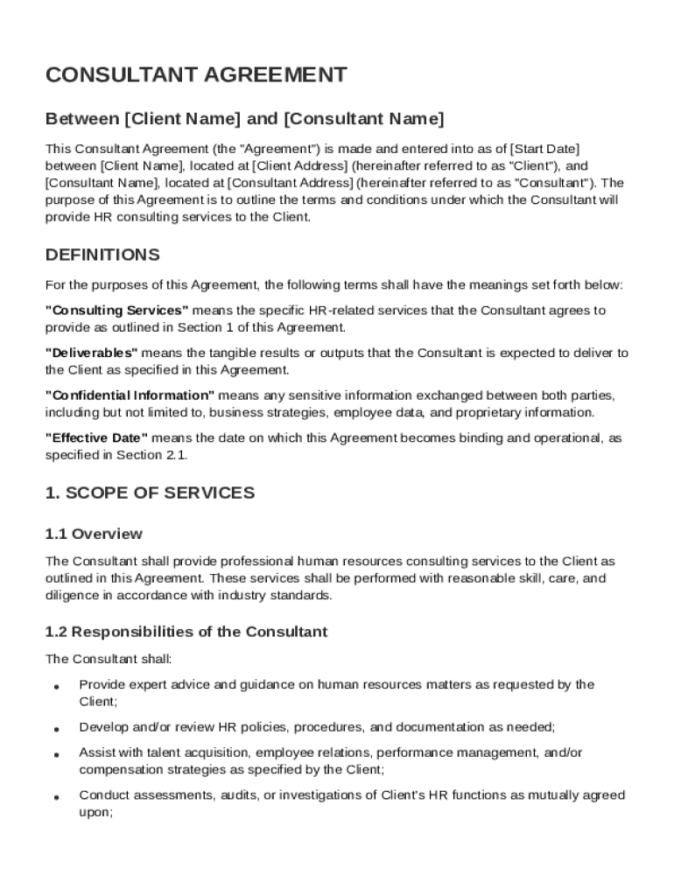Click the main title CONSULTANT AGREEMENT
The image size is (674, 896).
point(196,75)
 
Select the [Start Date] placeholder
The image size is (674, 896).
point(544,148)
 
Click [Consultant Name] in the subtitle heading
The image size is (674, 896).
point(365,118)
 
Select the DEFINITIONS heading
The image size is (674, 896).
point(102,255)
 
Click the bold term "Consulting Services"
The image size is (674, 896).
point(116,311)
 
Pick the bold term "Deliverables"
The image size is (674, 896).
point(91,353)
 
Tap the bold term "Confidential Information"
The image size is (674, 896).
point(130,395)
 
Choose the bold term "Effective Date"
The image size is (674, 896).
point(96,437)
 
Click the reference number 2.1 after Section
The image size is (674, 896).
point(176,455)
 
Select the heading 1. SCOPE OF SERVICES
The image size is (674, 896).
point(150,493)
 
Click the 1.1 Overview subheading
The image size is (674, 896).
point(94,534)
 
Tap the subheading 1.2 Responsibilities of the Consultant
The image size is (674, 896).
point(186,632)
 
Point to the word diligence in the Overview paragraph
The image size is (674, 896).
point(70,596)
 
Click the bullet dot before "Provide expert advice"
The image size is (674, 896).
point(56,687)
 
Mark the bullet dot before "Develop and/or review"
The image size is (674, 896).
point(56,729)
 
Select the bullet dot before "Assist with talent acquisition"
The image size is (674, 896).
point(56,754)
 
